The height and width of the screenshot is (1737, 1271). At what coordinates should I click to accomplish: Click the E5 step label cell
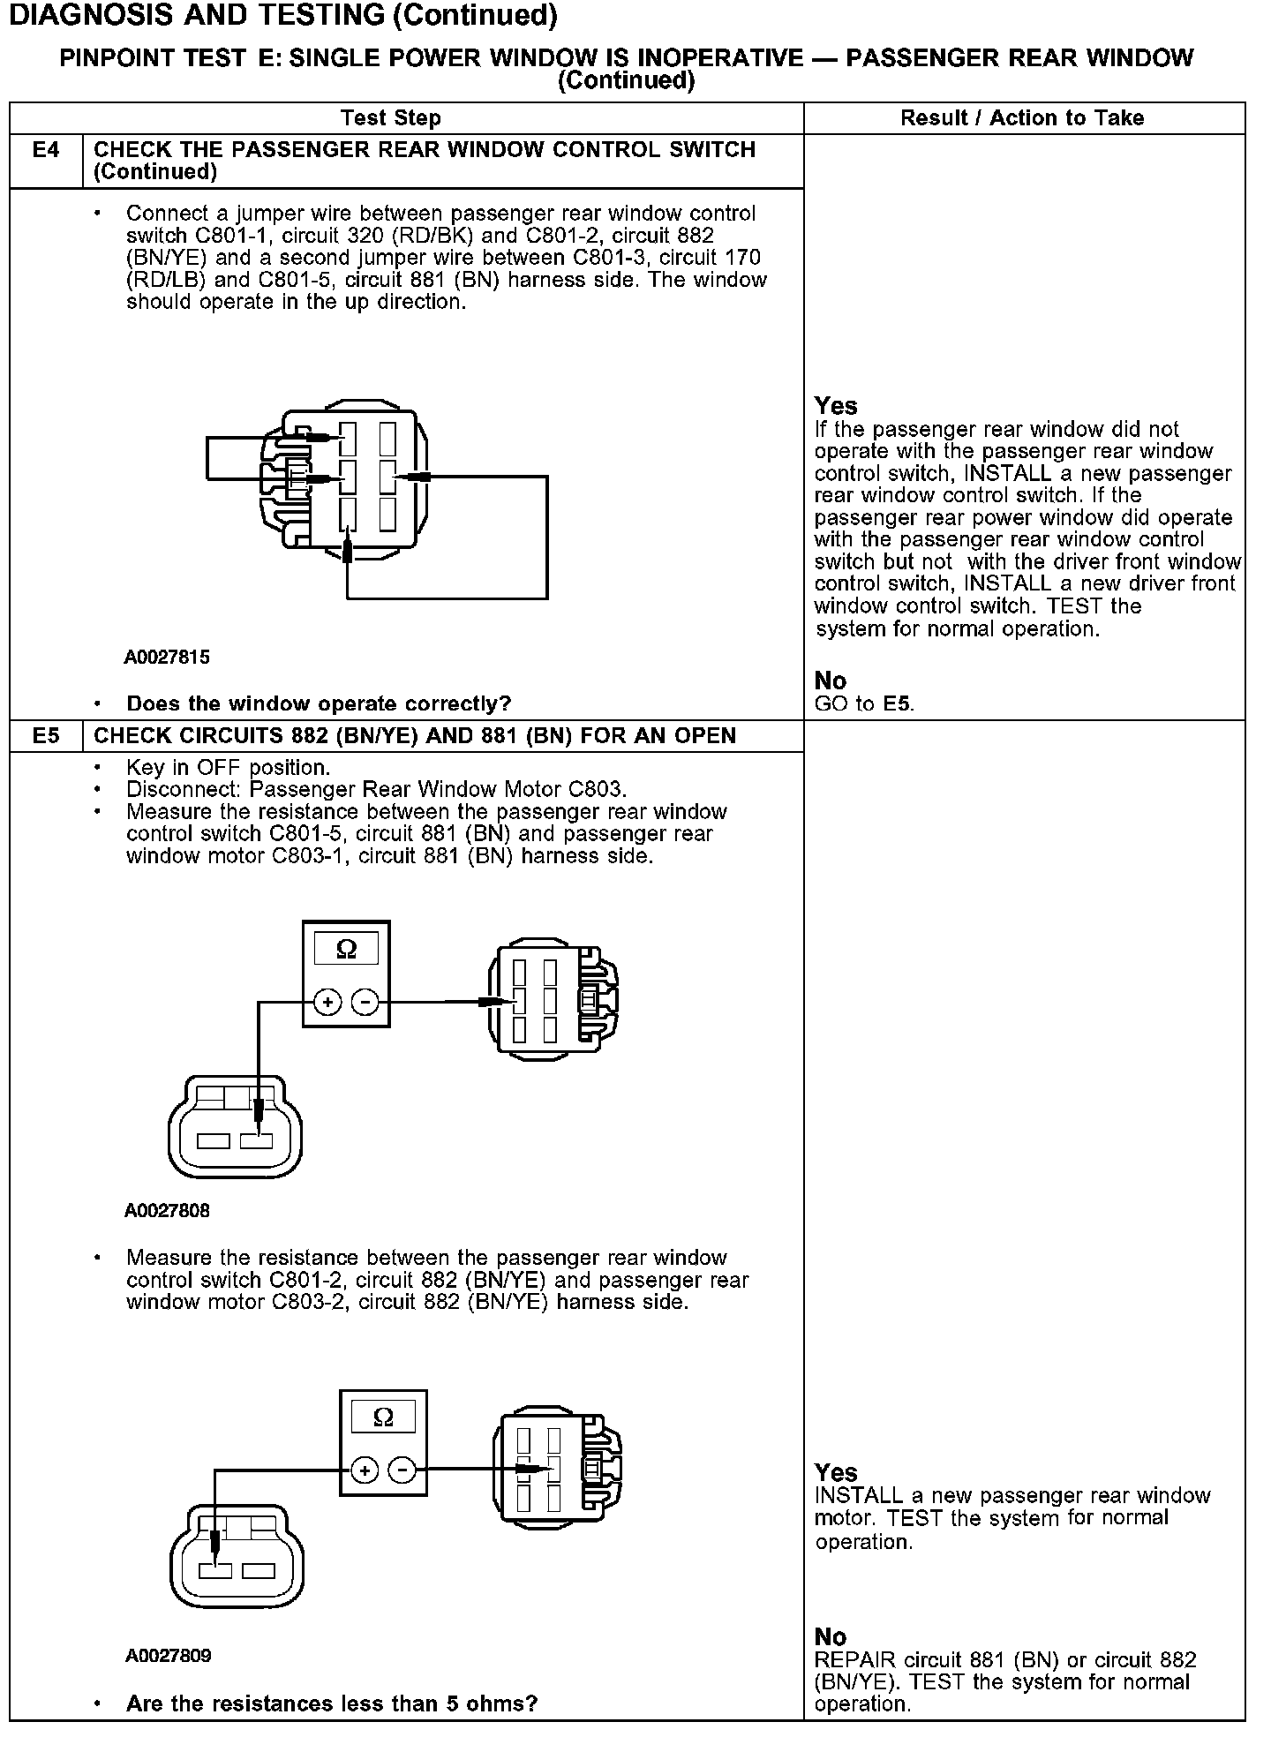[46, 735]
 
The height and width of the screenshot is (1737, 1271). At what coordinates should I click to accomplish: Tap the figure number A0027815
[167, 657]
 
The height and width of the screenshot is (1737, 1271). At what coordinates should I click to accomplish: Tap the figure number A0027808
[167, 1210]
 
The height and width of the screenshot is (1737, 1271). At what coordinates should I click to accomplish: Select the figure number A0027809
[168, 1655]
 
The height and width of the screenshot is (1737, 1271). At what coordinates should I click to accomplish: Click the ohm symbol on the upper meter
[347, 949]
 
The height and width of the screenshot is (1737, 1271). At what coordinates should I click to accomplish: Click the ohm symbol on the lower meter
[384, 1417]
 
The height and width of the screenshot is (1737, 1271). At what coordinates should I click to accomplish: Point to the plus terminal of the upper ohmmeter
[327, 1002]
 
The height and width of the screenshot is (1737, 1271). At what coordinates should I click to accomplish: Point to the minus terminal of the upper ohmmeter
[365, 1002]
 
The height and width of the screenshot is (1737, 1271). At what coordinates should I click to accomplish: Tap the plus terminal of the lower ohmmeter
[365, 1470]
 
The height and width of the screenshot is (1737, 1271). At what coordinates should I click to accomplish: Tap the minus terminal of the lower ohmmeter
[402, 1470]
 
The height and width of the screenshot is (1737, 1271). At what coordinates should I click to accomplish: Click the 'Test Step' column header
[390, 118]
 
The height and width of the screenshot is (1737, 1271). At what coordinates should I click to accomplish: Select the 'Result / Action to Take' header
[1022, 118]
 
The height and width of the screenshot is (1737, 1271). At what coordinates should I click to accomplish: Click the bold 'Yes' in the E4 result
[836, 406]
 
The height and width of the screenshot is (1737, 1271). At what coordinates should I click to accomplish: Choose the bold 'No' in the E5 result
[831, 1637]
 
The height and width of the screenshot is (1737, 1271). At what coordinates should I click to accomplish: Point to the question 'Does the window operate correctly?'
[319, 703]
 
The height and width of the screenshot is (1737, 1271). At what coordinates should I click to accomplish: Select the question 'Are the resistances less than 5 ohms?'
[332, 1703]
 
